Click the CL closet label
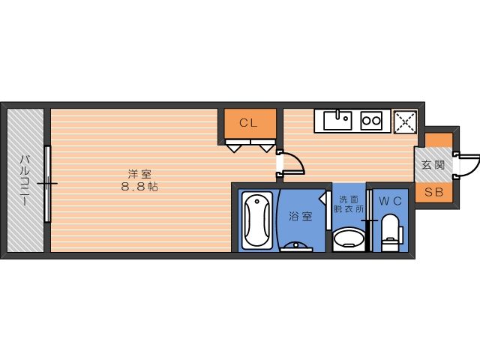pyautogui.click(x=248, y=123)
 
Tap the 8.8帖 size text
pyautogui.click(x=139, y=187)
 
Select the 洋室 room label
pyautogui.click(x=139, y=175)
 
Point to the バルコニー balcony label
pyautogui.click(x=25, y=180)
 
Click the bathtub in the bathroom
pyautogui.click(x=257, y=220)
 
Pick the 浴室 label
pyautogui.click(x=301, y=217)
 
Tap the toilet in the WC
pyautogui.click(x=391, y=232)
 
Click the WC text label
pyautogui.click(x=390, y=201)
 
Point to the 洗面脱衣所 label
pyautogui.click(x=349, y=204)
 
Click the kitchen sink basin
pyautogui.click(x=337, y=120)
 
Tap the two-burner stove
pyautogui.click(x=371, y=121)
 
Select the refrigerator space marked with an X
pyautogui.click(x=405, y=121)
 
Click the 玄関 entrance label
pyautogui.click(x=433, y=165)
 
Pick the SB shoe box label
pyautogui.click(x=434, y=192)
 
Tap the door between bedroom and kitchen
pyautogui.click(x=291, y=163)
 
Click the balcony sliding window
pyautogui.click(x=47, y=184)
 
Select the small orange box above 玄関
pyautogui.click(x=439, y=140)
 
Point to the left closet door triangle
pyautogui.click(x=233, y=148)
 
